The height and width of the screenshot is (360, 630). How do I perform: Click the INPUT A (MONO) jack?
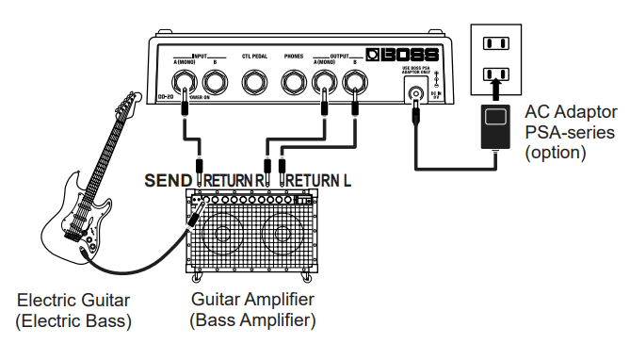[186, 84]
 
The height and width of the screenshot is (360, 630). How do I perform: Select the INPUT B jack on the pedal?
[217, 84]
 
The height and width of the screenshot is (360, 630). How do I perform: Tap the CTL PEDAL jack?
[254, 84]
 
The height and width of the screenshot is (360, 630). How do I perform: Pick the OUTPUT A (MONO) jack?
[324, 84]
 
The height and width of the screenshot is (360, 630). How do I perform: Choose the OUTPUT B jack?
[355, 84]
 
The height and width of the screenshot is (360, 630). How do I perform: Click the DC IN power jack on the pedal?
[413, 92]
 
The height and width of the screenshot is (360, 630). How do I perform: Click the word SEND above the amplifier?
[169, 180]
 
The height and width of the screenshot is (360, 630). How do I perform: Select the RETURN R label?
[231, 180]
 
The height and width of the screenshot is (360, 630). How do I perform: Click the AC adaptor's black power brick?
[494, 127]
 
